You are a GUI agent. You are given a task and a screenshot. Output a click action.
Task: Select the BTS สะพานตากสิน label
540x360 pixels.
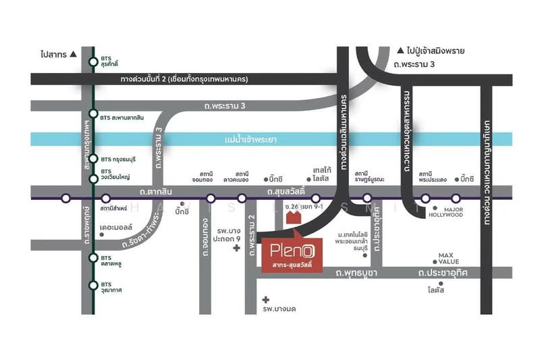coord(122,117)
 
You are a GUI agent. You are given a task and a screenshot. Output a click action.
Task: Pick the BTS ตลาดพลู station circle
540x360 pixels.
coord(93,260)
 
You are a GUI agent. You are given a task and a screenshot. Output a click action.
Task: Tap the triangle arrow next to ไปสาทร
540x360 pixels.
coord(74,52)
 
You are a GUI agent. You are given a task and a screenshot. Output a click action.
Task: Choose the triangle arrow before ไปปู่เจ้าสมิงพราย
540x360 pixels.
coord(400,50)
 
